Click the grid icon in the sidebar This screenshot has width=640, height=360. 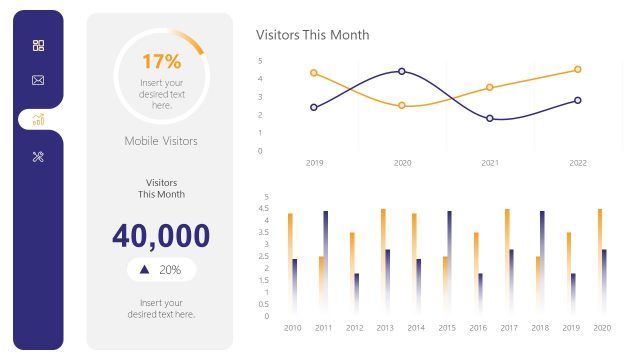pos(38,46)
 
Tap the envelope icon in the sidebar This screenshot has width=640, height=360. pos(38,80)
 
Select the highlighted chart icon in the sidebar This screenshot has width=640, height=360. pos(38,119)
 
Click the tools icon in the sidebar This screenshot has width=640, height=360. pos(38,156)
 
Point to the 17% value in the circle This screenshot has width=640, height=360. pos(161,62)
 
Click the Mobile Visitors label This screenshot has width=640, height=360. pos(161,141)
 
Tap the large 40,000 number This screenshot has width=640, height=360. pos(161,236)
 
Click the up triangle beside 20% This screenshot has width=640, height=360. pos(145,270)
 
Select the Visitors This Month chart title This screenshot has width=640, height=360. pos(313,35)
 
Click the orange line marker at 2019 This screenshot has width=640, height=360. pos(314,73)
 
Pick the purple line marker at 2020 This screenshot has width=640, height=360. pos(402,71)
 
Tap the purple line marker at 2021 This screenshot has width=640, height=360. pos(490,118)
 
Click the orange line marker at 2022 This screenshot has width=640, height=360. pos(578,70)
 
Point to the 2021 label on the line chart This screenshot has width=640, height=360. pos(490,162)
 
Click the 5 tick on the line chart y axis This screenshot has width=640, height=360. pos(260,60)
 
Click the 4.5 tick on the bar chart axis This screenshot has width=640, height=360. pos(264,208)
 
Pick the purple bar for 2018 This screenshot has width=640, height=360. pos(542,260)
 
